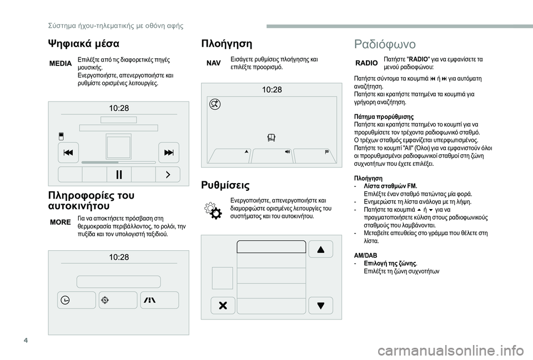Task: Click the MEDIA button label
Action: [61, 64]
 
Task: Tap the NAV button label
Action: [214, 63]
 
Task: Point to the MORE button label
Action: [61, 222]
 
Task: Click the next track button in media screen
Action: [168, 152]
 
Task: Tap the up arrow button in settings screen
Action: [321, 249]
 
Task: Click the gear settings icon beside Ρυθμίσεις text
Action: [214, 211]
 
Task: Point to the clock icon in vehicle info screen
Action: [66, 300]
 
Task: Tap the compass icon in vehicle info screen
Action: [105, 300]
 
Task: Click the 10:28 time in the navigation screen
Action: [272, 90]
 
